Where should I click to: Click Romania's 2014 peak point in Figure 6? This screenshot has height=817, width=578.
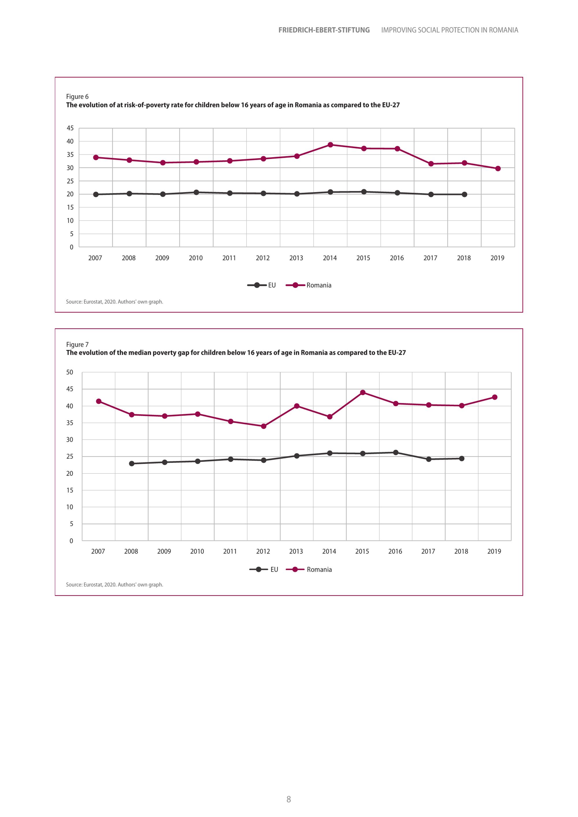coord(330,145)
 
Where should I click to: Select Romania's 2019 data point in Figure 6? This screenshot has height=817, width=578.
coord(498,169)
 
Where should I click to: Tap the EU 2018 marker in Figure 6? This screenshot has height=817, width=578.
coord(464,195)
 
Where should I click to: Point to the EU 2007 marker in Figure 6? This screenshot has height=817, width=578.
coord(96,195)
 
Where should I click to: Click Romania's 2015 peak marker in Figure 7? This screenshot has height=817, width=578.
coord(363,393)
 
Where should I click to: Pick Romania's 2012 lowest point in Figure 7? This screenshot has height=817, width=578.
coord(264,426)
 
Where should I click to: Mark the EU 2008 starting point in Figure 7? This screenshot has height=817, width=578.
coord(132,464)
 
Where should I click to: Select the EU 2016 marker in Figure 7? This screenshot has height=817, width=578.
coord(396,453)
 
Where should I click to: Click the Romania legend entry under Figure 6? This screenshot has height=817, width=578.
coord(309,285)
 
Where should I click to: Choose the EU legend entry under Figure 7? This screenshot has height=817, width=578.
coord(264,570)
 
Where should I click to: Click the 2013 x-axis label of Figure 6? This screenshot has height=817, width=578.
coord(296,258)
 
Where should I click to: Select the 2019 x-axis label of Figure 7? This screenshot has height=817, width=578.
coord(494,552)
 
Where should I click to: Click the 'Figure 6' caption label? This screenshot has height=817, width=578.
coord(77,96)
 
